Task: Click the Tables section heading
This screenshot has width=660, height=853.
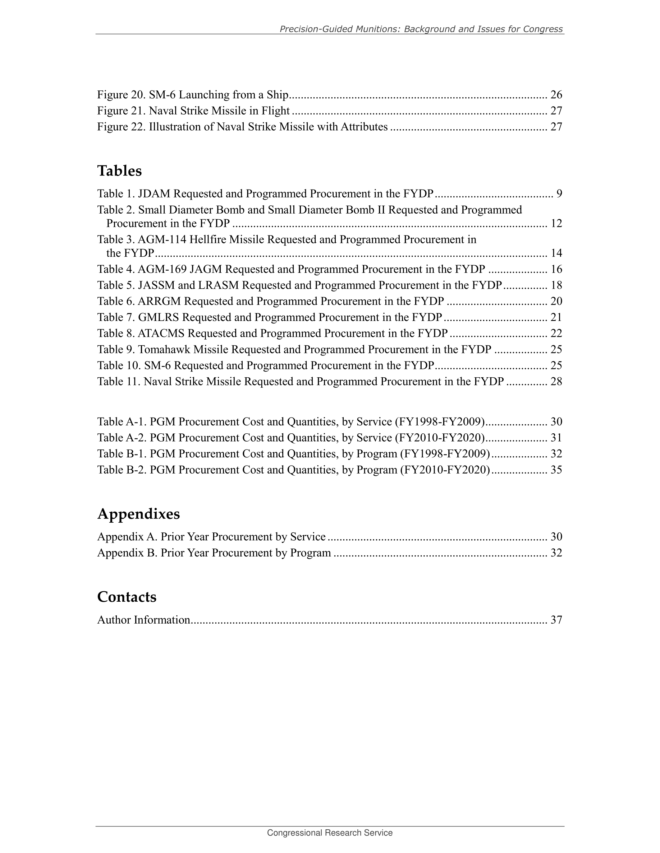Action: coord(119,171)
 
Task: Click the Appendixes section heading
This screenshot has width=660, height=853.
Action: coord(138,514)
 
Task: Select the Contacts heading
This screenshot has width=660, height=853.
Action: coord(127,597)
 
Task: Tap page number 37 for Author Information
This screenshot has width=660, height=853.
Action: coord(556,620)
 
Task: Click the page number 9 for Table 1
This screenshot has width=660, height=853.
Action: coord(559,194)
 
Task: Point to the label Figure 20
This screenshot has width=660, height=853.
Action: coord(121,95)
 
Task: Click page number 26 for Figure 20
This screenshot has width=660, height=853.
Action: coord(556,95)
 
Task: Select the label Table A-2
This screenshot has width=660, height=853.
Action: coord(122,438)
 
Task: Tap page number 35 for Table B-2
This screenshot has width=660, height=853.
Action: coord(556,470)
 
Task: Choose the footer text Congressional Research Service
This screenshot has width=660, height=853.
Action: coord(330,833)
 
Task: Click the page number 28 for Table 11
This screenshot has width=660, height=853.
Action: coord(556,382)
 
